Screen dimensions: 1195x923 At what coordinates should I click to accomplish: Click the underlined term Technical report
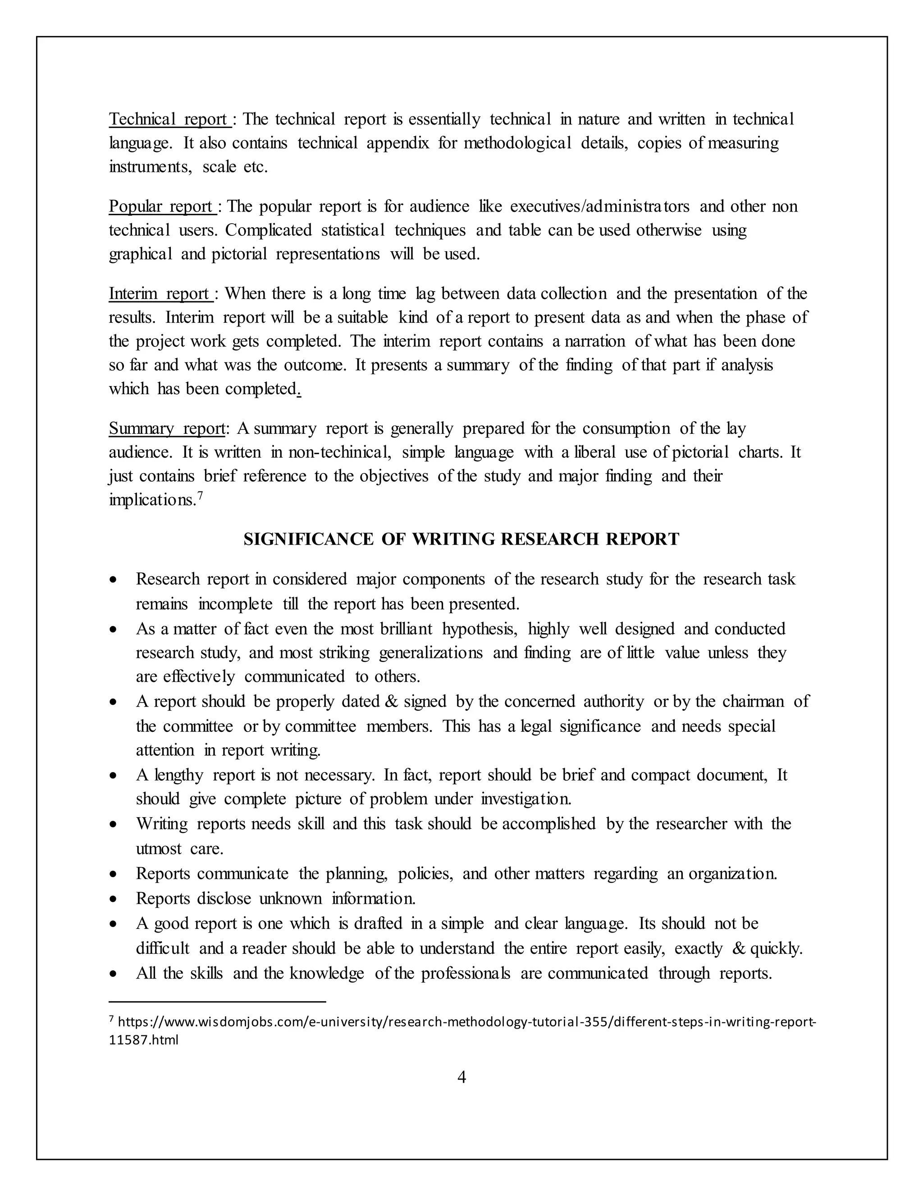[x=168, y=119]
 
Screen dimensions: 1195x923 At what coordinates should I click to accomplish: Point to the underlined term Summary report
[x=166, y=428]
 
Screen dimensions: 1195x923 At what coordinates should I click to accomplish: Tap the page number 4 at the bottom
[x=461, y=1077]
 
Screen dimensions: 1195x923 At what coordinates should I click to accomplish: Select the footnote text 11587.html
[x=144, y=1039]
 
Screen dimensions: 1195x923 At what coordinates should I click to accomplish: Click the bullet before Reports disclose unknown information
[x=113, y=900]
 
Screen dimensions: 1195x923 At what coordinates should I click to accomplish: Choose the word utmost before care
[x=159, y=849]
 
